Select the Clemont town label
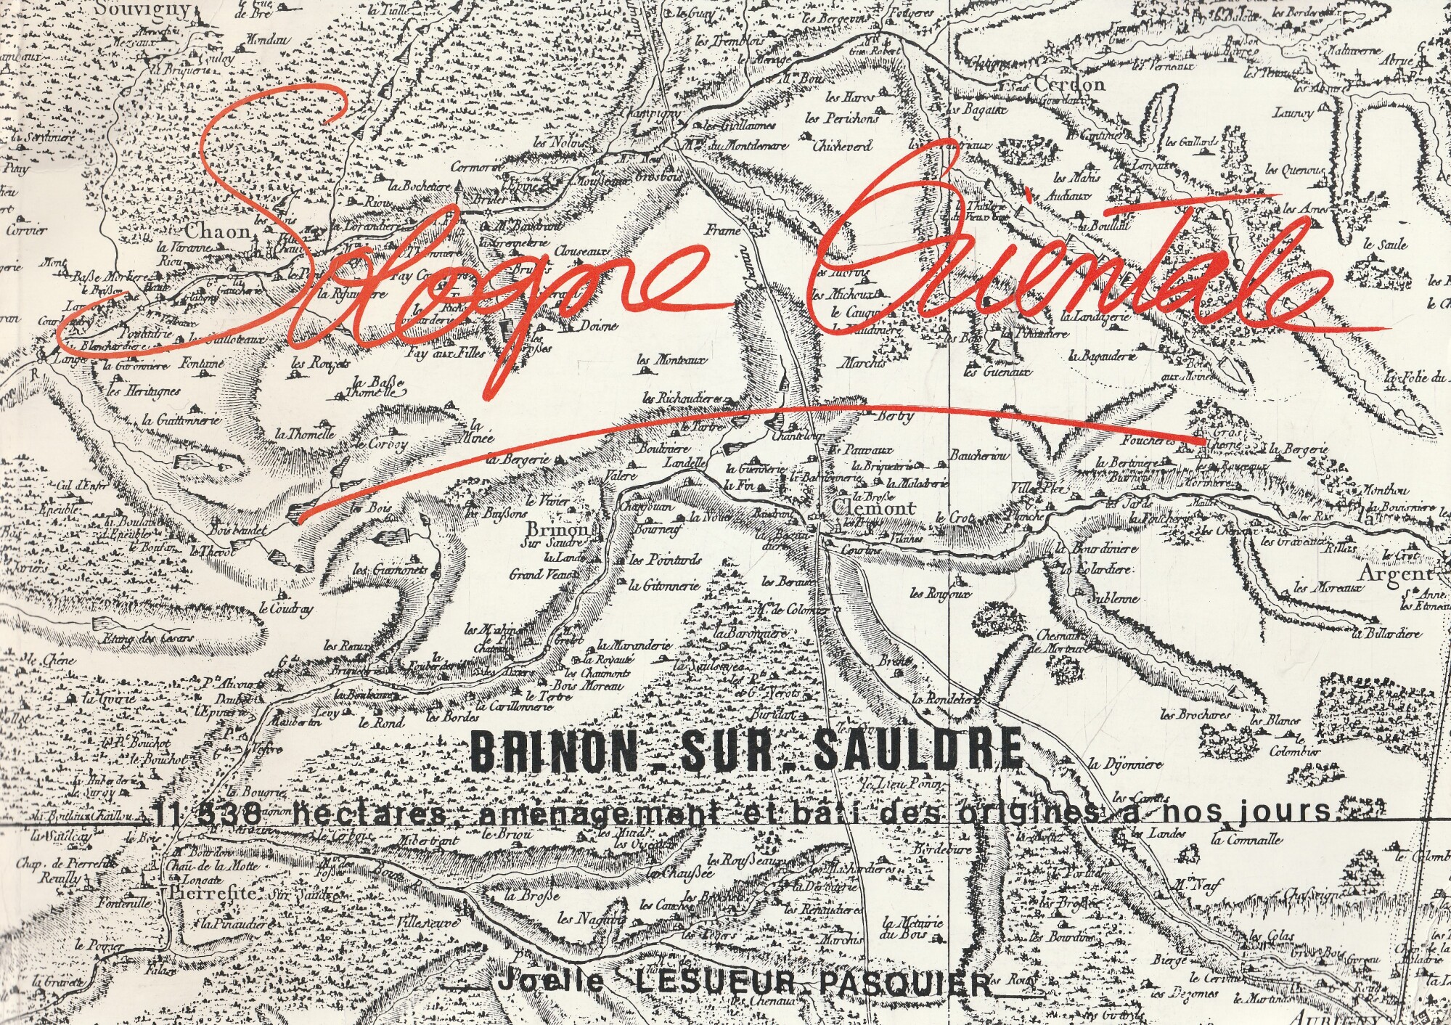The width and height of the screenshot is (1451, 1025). pos(875,508)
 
